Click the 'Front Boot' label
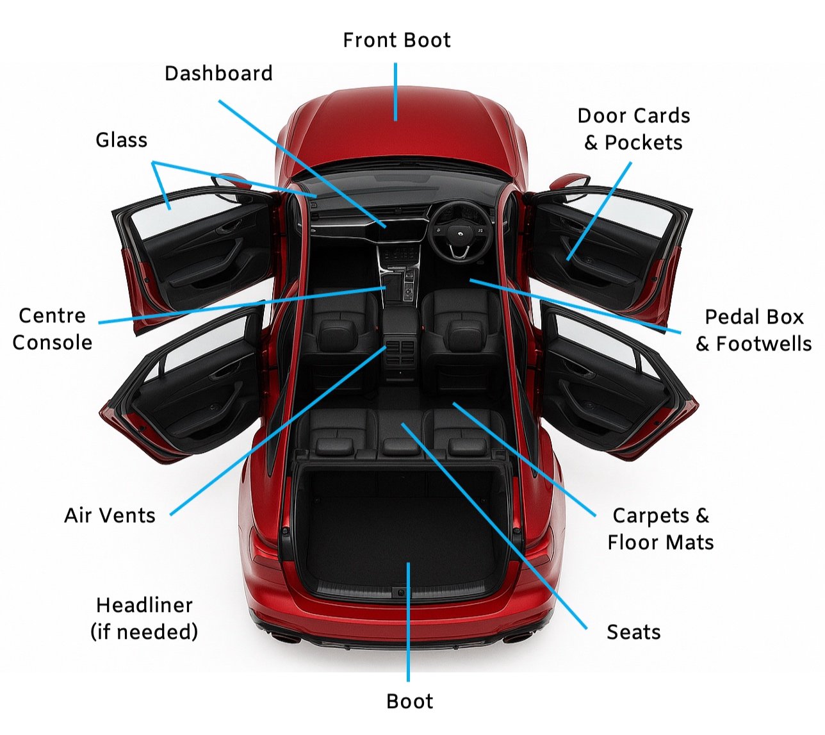[x=396, y=40]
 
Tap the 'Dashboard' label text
[x=218, y=74]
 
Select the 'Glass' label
[x=121, y=140]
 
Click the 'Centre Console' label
[x=53, y=329]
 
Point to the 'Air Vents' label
[x=110, y=516]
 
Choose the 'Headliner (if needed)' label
[x=144, y=618]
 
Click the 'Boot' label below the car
[x=409, y=702]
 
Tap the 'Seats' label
[x=633, y=632]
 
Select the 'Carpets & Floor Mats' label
[x=660, y=529]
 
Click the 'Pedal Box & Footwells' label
[x=754, y=331]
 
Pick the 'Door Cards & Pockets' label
[x=633, y=129]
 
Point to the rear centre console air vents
[x=400, y=351]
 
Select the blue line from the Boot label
[x=408, y=622]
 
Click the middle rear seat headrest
[x=400, y=446]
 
